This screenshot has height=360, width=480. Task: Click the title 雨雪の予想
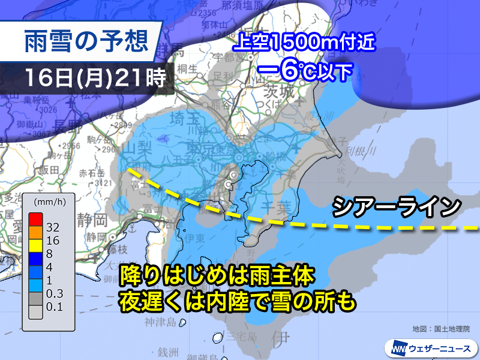click(x=85, y=42)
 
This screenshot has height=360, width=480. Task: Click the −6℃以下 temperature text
click(x=304, y=71)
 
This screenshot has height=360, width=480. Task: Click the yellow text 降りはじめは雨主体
click(x=216, y=275)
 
